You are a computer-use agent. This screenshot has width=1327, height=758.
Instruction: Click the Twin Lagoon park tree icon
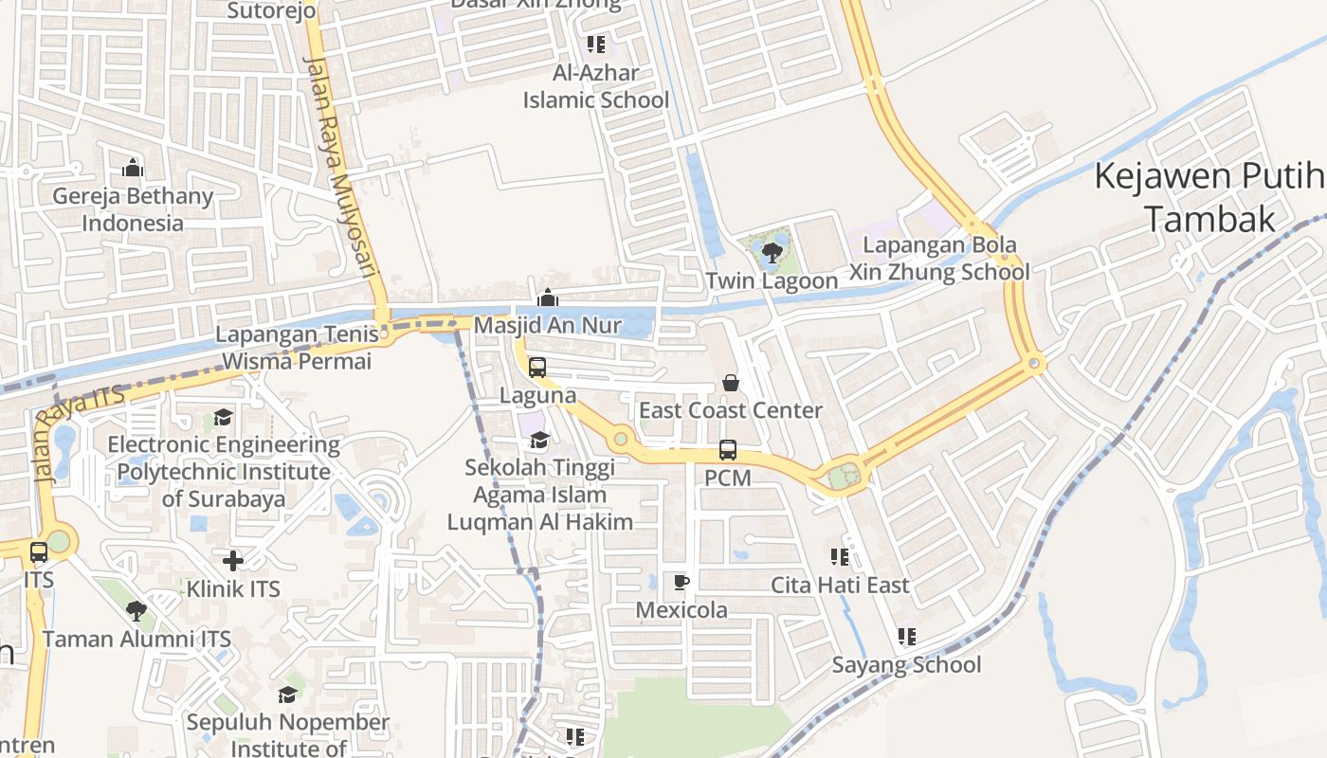point(772,252)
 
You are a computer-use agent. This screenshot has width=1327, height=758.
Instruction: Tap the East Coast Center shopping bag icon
point(731,383)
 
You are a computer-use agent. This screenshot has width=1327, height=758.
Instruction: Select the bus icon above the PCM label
point(727,450)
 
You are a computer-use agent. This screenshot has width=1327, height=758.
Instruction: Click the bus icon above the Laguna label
point(537,367)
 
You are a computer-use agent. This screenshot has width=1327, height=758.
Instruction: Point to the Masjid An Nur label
point(548,325)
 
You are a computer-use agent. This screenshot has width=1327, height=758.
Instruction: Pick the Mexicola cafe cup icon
point(681,581)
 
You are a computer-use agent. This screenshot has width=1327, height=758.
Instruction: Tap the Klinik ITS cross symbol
point(233,560)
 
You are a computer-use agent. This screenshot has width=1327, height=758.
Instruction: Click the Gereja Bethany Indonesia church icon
point(133,169)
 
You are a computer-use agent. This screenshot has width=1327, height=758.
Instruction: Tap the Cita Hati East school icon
point(840,557)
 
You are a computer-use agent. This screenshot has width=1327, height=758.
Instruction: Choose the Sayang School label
point(906,664)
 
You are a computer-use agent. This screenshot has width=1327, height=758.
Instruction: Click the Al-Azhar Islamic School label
point(596,86)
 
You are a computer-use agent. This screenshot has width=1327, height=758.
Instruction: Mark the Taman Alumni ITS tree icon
point(136,610)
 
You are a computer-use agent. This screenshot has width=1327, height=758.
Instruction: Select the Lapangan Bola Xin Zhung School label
point(938,259)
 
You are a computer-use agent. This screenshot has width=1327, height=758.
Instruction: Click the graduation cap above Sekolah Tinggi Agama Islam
point(539,440)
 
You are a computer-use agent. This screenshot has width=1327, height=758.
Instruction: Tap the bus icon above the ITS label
point(39,551)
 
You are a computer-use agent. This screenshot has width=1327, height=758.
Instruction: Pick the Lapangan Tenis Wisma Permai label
point(297,348)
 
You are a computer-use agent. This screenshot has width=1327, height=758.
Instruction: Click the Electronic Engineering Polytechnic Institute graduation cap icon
point(223,417)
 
